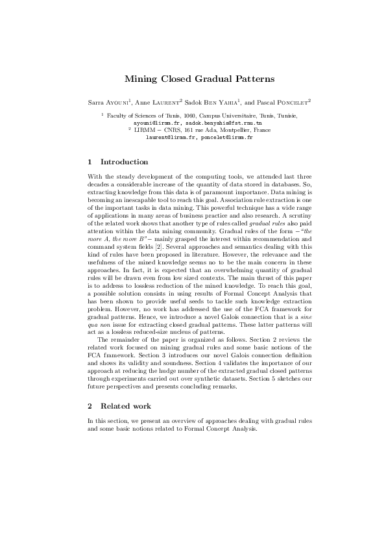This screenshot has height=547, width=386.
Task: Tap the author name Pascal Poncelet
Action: pos(285,102)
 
